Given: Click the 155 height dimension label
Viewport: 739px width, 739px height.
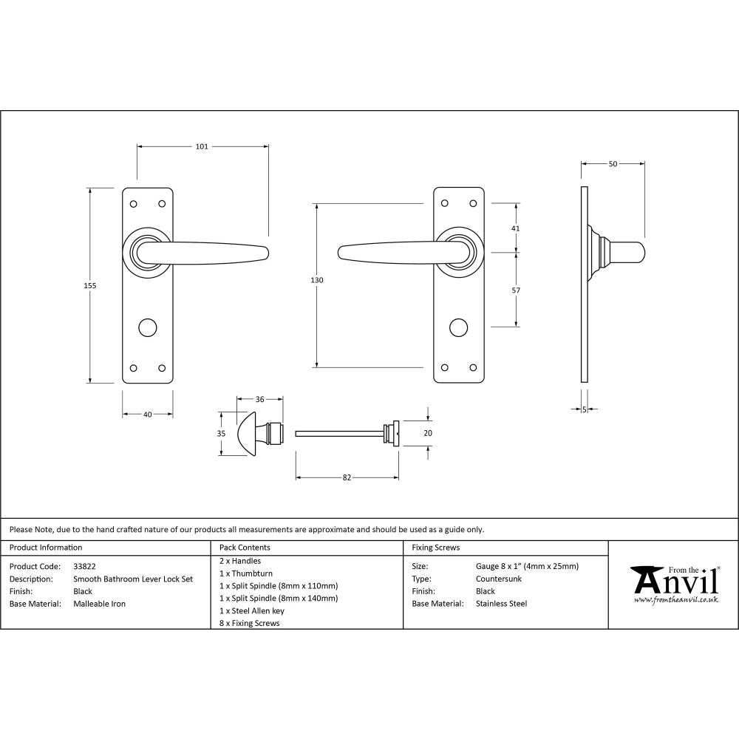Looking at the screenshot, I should (90, 285).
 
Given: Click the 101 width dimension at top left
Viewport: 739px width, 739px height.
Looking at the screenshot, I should (202, 146).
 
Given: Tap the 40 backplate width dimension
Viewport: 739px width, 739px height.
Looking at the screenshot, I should (147, 415).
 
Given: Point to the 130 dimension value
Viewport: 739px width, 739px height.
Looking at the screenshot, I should (316, 280).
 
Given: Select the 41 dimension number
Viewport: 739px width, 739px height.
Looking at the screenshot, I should (516, 228).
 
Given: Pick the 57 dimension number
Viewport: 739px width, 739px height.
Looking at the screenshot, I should (516, 290).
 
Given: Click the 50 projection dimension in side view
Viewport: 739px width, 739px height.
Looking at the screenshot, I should (613, 164).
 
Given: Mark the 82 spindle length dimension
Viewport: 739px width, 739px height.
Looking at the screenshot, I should (347, 477).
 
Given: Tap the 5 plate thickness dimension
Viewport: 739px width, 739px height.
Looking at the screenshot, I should (584, 409).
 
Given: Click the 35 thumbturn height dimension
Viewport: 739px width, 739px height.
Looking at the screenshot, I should (221, 434).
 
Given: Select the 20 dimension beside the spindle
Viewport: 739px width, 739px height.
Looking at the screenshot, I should (427, 434).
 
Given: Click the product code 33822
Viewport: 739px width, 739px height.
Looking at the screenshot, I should (84, 566).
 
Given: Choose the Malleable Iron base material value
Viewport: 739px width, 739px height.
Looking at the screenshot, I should (99, 604).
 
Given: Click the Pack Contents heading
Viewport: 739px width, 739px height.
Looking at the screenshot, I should (245, 548).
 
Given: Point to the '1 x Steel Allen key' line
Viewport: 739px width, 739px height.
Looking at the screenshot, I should (252, 611).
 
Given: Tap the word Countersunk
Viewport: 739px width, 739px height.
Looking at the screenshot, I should (499, 579).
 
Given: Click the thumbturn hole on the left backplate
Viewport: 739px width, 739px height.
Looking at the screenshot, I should (148, 326).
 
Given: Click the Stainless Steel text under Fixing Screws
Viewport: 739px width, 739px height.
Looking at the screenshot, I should (501, 604).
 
